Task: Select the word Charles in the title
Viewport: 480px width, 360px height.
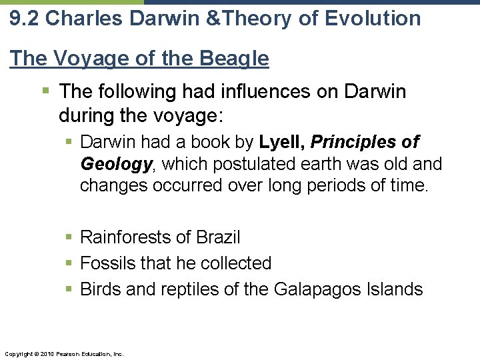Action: coord(77,18)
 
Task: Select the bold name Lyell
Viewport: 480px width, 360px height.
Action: coord(281,142)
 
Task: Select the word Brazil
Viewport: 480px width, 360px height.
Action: coord(219,237)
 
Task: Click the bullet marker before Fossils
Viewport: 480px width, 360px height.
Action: coord(70,263)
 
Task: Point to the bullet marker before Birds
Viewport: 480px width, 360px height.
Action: coord(70,289)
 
